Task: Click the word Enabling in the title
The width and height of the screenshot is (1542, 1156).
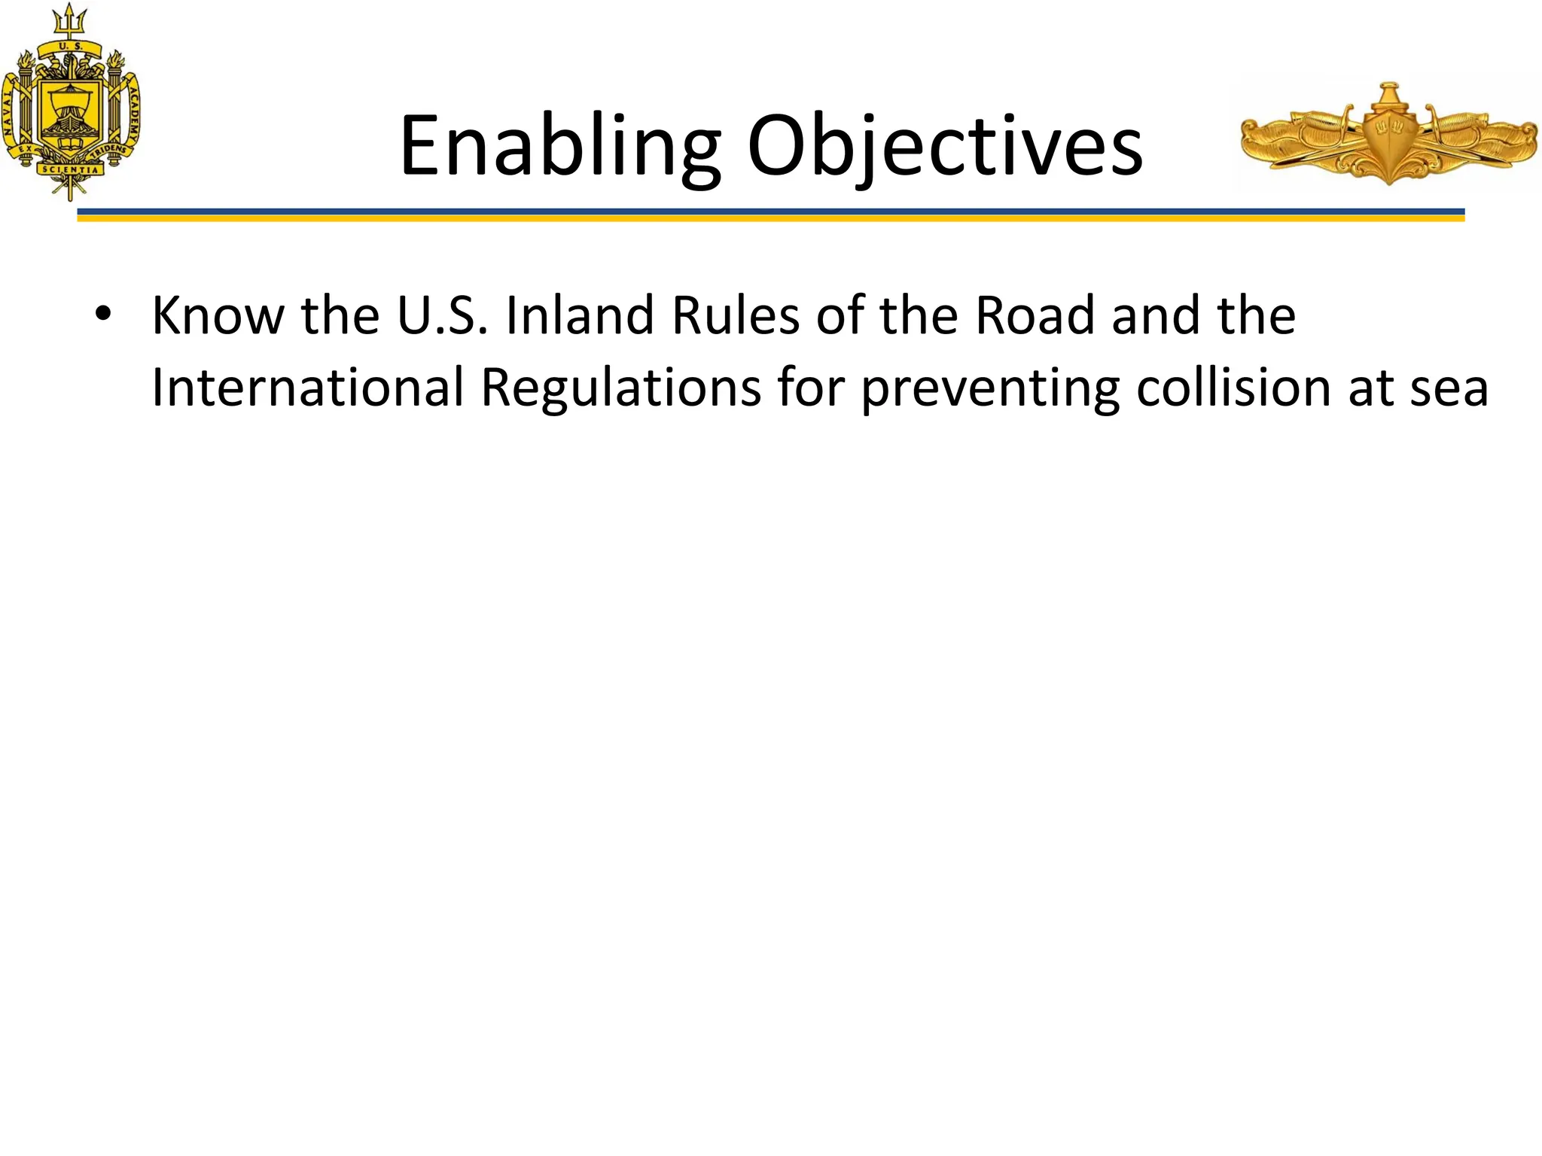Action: pyautogui.click(x=559, y=146)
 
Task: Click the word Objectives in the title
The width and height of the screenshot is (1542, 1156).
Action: pyautogui.click(x=945, y=146)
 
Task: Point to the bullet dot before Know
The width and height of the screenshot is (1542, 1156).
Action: pyautogui.click(x=103, y=315)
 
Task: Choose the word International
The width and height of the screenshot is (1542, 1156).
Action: pyautogui.click(x=307, y=388)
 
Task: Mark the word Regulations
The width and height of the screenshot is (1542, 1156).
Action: pyautogui.click(x=620, y=388)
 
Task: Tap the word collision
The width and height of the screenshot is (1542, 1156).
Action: pyautogui.click(x=1233, y=388)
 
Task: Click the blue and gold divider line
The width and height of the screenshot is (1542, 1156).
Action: pyautogui.click(x=770, y=215)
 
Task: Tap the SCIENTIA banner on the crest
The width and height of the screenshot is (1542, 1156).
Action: pyautogui.click(x=70, y=170)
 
